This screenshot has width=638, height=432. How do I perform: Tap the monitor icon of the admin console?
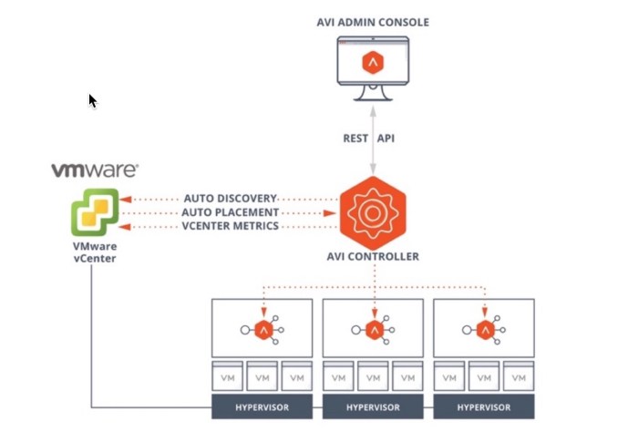[374, 66]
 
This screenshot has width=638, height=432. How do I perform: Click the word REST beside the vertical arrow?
[354, 139]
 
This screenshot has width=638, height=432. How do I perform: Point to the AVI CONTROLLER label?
[373, 256]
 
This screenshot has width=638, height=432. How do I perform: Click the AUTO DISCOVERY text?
[230, 198]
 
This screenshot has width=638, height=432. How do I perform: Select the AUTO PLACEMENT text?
[230, 211]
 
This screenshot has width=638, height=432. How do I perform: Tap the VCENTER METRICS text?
[230, 226]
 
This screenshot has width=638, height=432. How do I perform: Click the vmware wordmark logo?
[95, 170]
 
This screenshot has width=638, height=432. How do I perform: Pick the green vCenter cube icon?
[95, 211]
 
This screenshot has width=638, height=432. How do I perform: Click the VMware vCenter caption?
[95, 252]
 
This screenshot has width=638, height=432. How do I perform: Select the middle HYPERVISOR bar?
[373, 406]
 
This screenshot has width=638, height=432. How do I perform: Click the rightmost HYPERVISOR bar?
[483, 406]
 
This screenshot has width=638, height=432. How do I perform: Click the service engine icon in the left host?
[263, 329]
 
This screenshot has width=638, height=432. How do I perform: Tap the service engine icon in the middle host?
[374, 329]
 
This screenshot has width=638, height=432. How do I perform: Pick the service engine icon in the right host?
[484, 329]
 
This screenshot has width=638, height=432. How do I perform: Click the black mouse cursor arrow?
[92, 100]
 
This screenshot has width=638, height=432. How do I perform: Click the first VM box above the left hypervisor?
[227, 376]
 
